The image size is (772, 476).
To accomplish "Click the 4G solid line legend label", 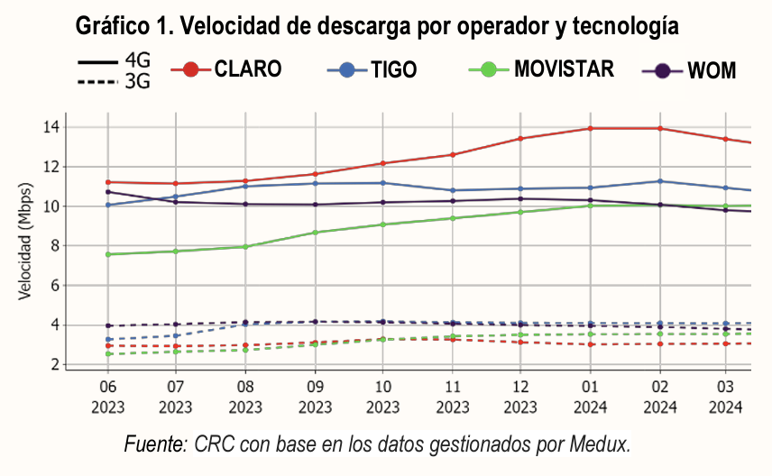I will (137, 61).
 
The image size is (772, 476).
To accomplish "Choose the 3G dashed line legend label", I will (137, 82).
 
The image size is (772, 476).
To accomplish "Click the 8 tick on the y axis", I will (54, 245).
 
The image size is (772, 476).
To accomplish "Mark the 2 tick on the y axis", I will (54, 364).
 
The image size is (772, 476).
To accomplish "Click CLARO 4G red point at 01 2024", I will (591, 128).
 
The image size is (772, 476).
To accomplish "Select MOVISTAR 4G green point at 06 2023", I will (108, 254).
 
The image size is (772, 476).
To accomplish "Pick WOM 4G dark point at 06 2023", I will (108, 191).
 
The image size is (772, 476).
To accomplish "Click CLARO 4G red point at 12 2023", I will (521, 139).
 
